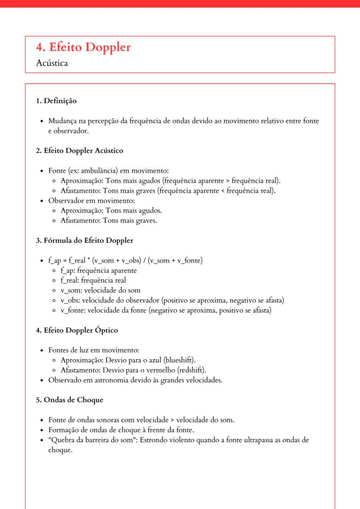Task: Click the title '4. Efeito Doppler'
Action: click(83, 47)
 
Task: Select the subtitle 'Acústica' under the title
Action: click(52, 63)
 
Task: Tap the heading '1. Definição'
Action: click(56, 101)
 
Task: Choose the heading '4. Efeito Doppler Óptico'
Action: click(77, 330)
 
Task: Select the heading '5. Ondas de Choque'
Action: click(70, 400)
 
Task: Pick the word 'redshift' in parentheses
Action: click(190, 370)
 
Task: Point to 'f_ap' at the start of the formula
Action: click(54, 261)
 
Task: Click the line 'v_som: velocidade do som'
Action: click(100, 290)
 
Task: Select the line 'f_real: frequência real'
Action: click(93, 280)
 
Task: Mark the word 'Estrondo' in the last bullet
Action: click(154, 440)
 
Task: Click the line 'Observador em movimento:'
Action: click(92, 201)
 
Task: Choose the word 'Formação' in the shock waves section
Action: click(63, 430)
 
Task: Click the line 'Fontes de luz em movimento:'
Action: click(93, 350)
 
